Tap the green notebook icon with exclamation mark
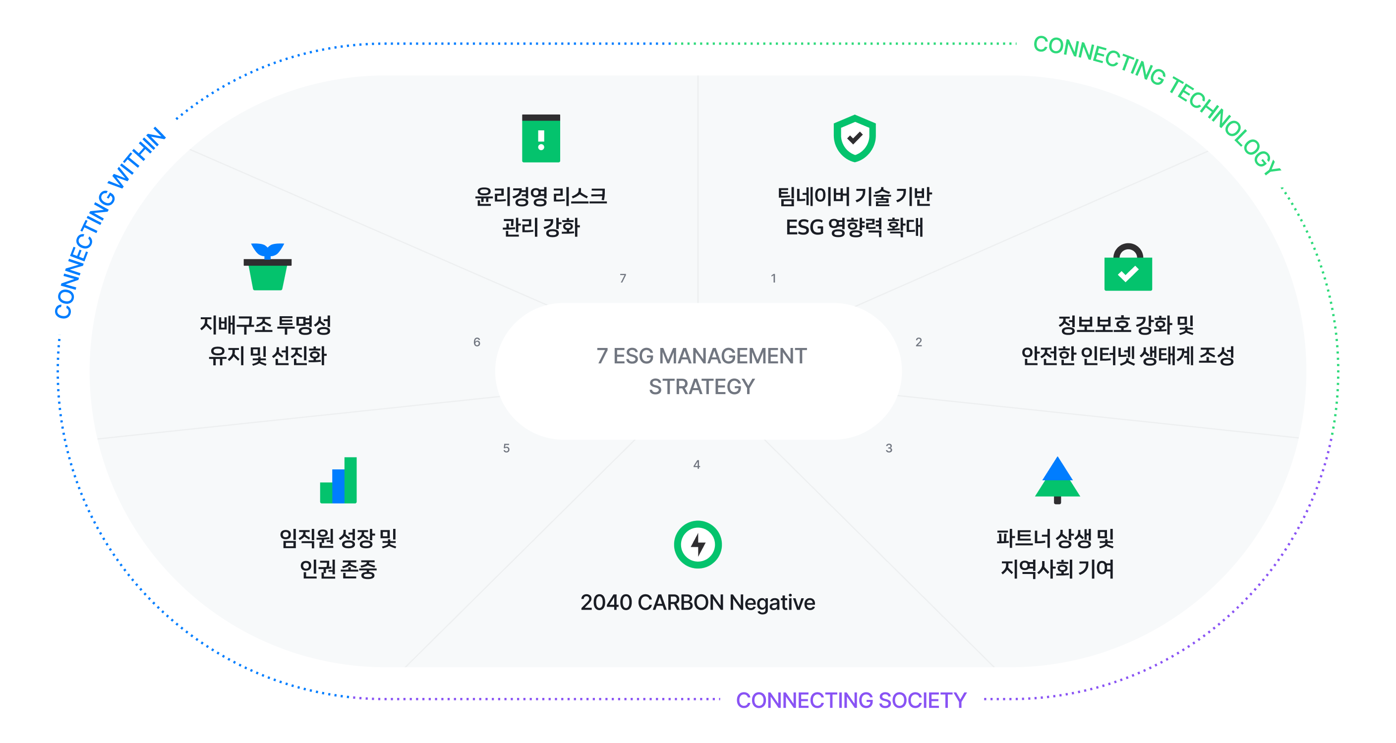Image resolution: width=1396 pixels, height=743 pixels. click(541, 138)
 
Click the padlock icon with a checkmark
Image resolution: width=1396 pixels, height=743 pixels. click(1128, 268)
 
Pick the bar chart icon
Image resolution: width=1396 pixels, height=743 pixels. click(338, 480)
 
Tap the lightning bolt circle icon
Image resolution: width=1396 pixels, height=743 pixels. click(698, 544)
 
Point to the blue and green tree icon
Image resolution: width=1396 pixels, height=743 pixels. click(1057, 480)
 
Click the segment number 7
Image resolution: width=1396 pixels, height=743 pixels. click(623, 278)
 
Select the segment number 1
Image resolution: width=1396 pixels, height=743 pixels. click(773, 278)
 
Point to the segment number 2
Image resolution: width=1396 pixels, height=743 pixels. click(919, 342)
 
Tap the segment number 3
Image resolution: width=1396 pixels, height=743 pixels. click(889, 448)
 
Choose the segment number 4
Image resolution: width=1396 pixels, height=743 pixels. click(697, 464)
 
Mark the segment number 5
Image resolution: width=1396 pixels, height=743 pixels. click(506, 448)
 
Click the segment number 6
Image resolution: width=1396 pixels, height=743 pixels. click(477, 342)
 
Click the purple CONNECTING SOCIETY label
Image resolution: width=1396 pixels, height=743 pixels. click(851, 700)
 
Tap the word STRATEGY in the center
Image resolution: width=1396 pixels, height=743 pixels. click(701, 387)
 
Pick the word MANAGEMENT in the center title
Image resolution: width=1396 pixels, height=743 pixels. click(733, 356)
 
